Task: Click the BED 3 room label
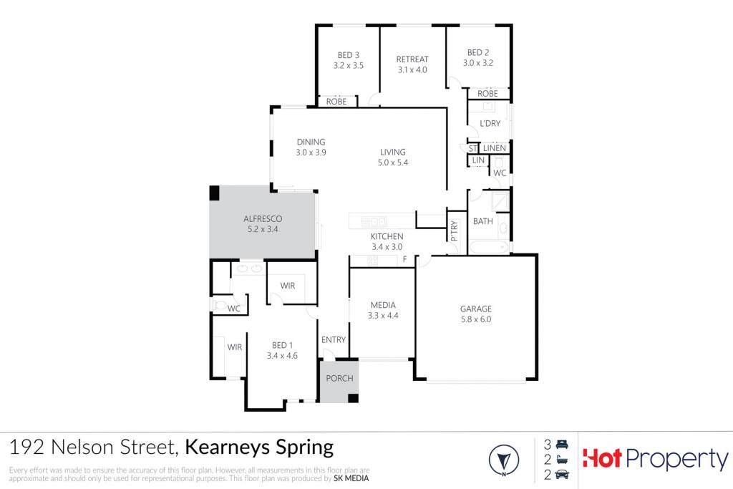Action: [349, 55]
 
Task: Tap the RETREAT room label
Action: [412, 59]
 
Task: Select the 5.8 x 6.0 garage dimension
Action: [475, 319]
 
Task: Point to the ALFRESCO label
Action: [263, 219]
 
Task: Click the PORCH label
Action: [339, 378]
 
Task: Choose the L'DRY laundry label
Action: [490, 123]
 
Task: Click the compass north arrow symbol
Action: [504, 460]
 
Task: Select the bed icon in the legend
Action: [561, 444]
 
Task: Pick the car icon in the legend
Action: [561, 475]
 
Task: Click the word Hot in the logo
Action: [602, 459]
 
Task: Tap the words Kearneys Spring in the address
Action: [259, 447]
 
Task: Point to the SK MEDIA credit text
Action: [351, 478]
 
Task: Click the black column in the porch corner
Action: [354, 398]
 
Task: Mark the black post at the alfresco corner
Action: [214, 193]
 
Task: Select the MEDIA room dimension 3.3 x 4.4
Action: [383, 316]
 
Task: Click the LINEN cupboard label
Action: [494, 148]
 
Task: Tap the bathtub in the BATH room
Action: [488, 247]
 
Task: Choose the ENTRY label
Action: [334, 340]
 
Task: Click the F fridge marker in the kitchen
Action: [405, 259]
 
